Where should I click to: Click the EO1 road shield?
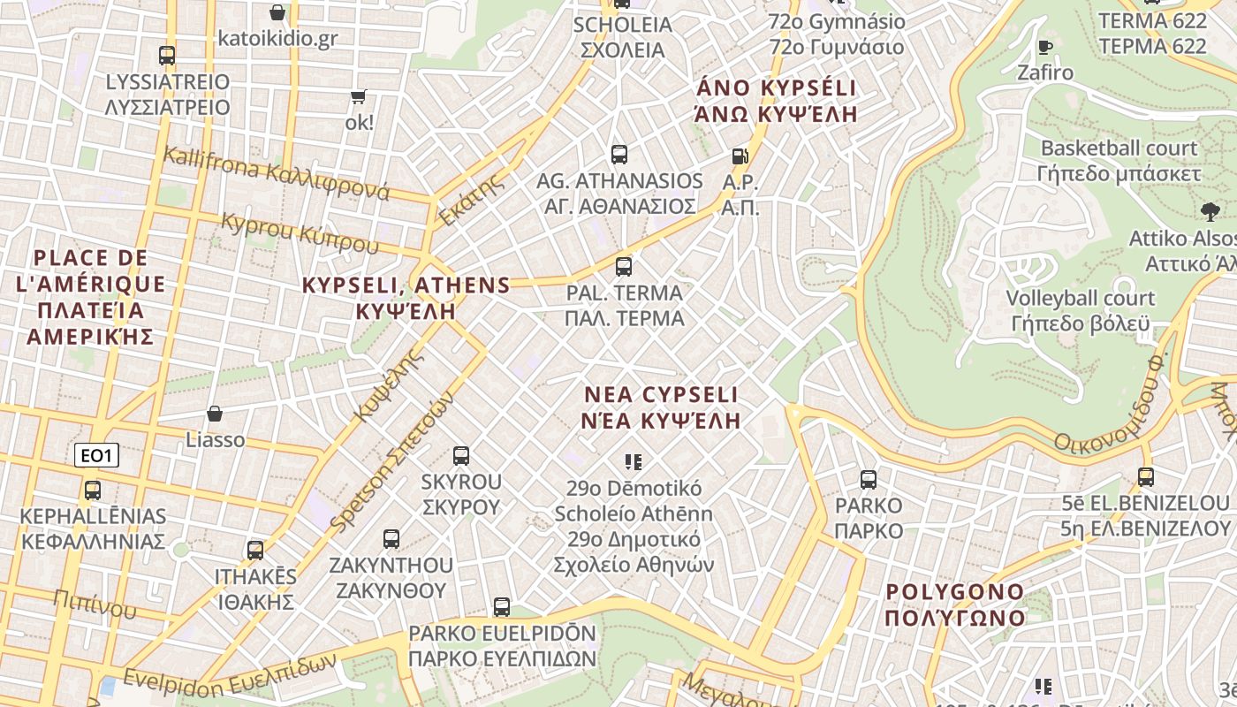(x=97, y=456)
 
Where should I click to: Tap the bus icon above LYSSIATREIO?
(x=167, y=56)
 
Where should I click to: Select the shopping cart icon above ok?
(x=358, y=96)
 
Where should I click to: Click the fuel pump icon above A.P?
(x=740, y=156)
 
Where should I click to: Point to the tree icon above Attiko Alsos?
(x=1210, y=211)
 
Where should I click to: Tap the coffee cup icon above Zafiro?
(x=1045, y=47)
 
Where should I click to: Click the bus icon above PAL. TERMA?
(x=624, y=266)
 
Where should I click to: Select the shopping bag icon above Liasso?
(x=215, y=413)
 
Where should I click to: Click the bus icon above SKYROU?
(x=461, y=456)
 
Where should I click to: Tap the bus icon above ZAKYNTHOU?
(x=391, y=538)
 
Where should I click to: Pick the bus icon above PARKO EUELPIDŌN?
(x=502, y=607)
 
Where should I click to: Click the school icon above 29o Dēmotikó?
(x=633, y=461)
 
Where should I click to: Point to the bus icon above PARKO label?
(x=869, y=480)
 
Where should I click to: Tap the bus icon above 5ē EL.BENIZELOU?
(x=1146, y=477)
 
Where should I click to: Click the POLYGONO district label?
(x=955, y=604)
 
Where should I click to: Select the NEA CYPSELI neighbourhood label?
(x=662, y=407)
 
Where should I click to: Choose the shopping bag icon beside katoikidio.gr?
(x=277, y=12)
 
